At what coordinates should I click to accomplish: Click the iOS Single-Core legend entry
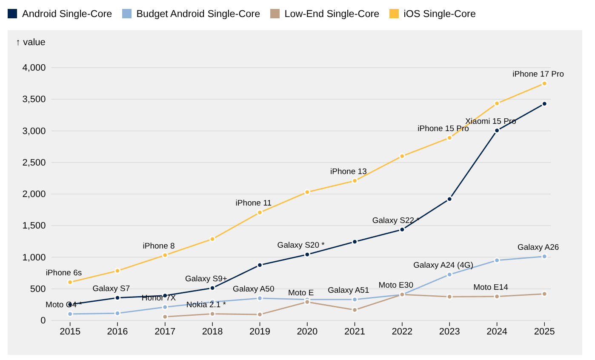[432, 14]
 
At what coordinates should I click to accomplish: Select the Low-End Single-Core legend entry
[324, 14]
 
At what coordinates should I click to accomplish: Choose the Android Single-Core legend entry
[60, 14]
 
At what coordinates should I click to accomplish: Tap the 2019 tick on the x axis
[260, 331]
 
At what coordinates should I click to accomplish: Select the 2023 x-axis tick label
[449, 331]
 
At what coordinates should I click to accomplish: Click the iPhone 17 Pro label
[538, 74]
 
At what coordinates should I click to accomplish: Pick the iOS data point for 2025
[544, 84]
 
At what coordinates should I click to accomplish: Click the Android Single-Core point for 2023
[449, 199]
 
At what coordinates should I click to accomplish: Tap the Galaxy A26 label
[538, 247]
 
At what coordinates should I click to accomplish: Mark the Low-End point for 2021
[355, 310]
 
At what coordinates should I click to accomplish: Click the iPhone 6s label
[64, 273]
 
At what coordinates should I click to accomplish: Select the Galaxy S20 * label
[301, 245]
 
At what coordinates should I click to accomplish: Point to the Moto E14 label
[491, 287]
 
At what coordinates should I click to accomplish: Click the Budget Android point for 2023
[449, 274]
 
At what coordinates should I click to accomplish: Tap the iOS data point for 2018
[212, 239]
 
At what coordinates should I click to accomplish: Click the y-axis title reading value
[31, 42]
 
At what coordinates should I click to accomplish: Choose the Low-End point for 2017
[165, 317]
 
